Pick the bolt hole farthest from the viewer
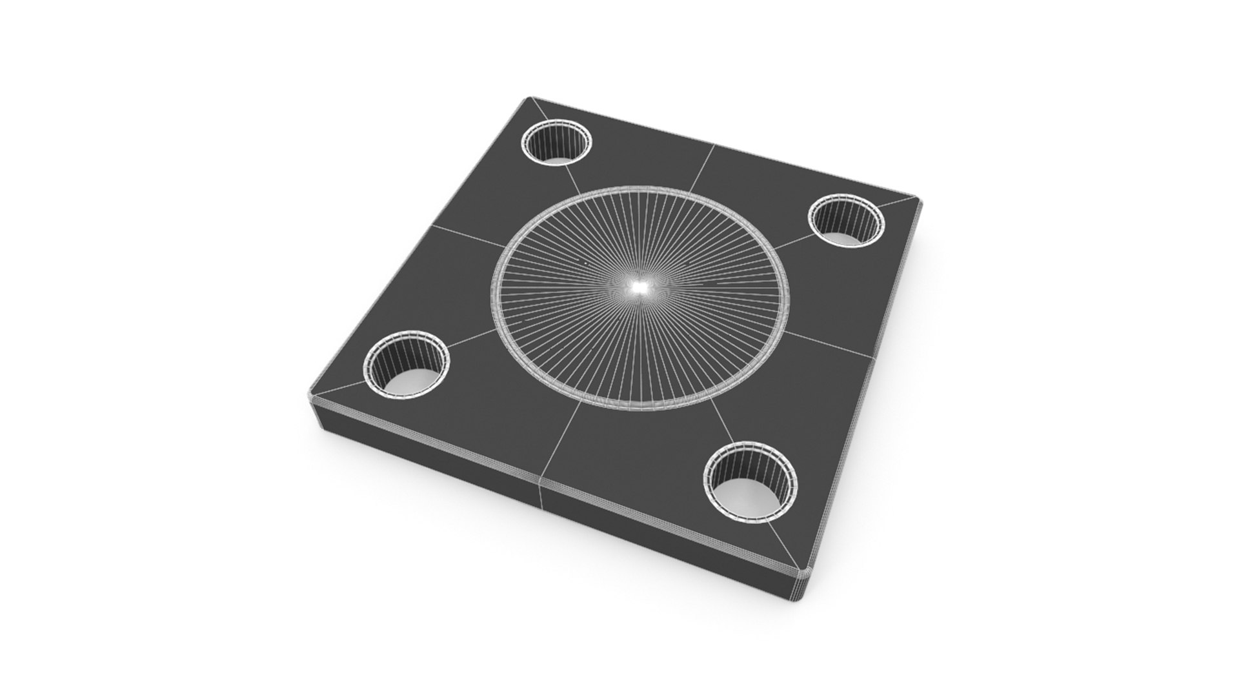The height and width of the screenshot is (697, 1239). pos(557,143)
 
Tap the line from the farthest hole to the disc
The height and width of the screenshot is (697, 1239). pos(576,180)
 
